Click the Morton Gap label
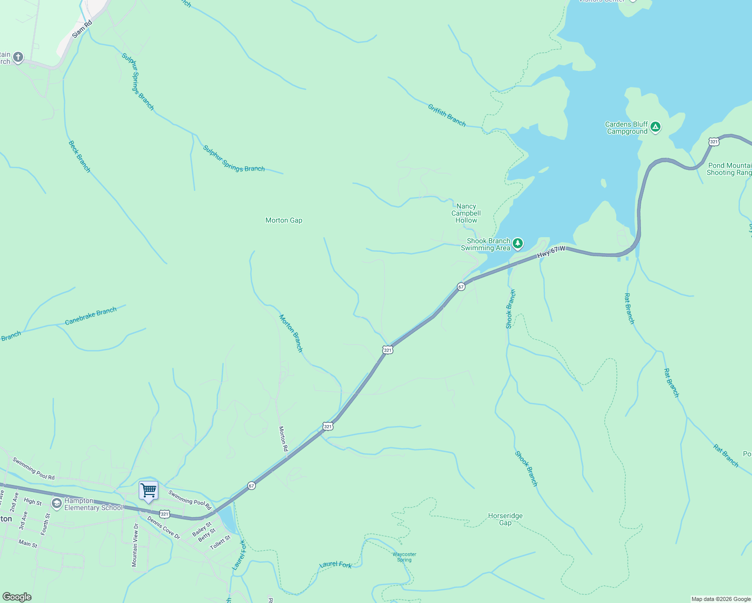pos(284,220)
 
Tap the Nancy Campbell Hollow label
pos(466,213)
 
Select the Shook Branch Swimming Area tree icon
pos(517,244)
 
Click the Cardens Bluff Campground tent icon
pos(655,127)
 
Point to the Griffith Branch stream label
pos(447,115)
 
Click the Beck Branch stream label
pos(79,157)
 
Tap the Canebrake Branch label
pos(90,316)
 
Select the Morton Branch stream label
pos(291,333)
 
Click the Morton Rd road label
pos(284,439)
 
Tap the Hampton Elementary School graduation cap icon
pos(57,504)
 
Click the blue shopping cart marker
pos(149,490)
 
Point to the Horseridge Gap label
pos(505,519)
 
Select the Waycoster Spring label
pos(404,557)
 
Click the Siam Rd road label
pos(82,29)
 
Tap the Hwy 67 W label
pos(551,252)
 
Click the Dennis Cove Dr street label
pos(163,527)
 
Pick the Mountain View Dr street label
pos(135,545)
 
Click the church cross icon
pos(18,57)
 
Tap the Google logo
pos(17,596)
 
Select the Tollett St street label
pos(220,542)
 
